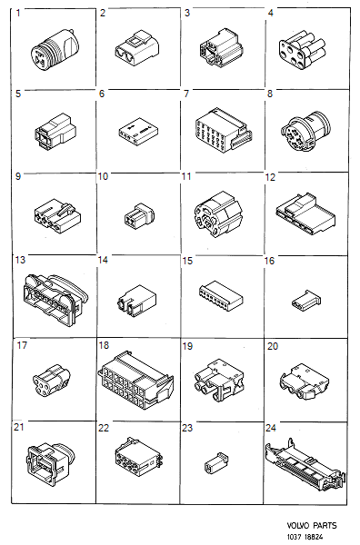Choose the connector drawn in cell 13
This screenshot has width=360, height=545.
pos(50,293)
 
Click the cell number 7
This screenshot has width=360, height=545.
pos(185,94)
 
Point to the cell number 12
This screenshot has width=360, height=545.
pos(270,176)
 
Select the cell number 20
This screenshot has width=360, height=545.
pos(272,345)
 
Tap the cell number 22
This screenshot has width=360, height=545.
pos(104,427)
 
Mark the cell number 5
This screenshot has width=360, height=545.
pos(19,94)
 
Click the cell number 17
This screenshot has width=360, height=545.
pos(22,345)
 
